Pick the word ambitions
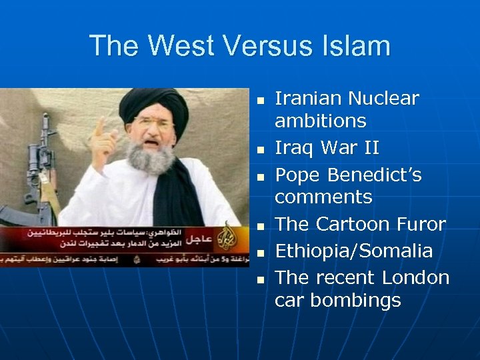[321, 121]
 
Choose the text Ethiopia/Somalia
[345, 251]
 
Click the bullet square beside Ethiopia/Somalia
[261, 252]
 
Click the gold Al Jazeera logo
[229, 233]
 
